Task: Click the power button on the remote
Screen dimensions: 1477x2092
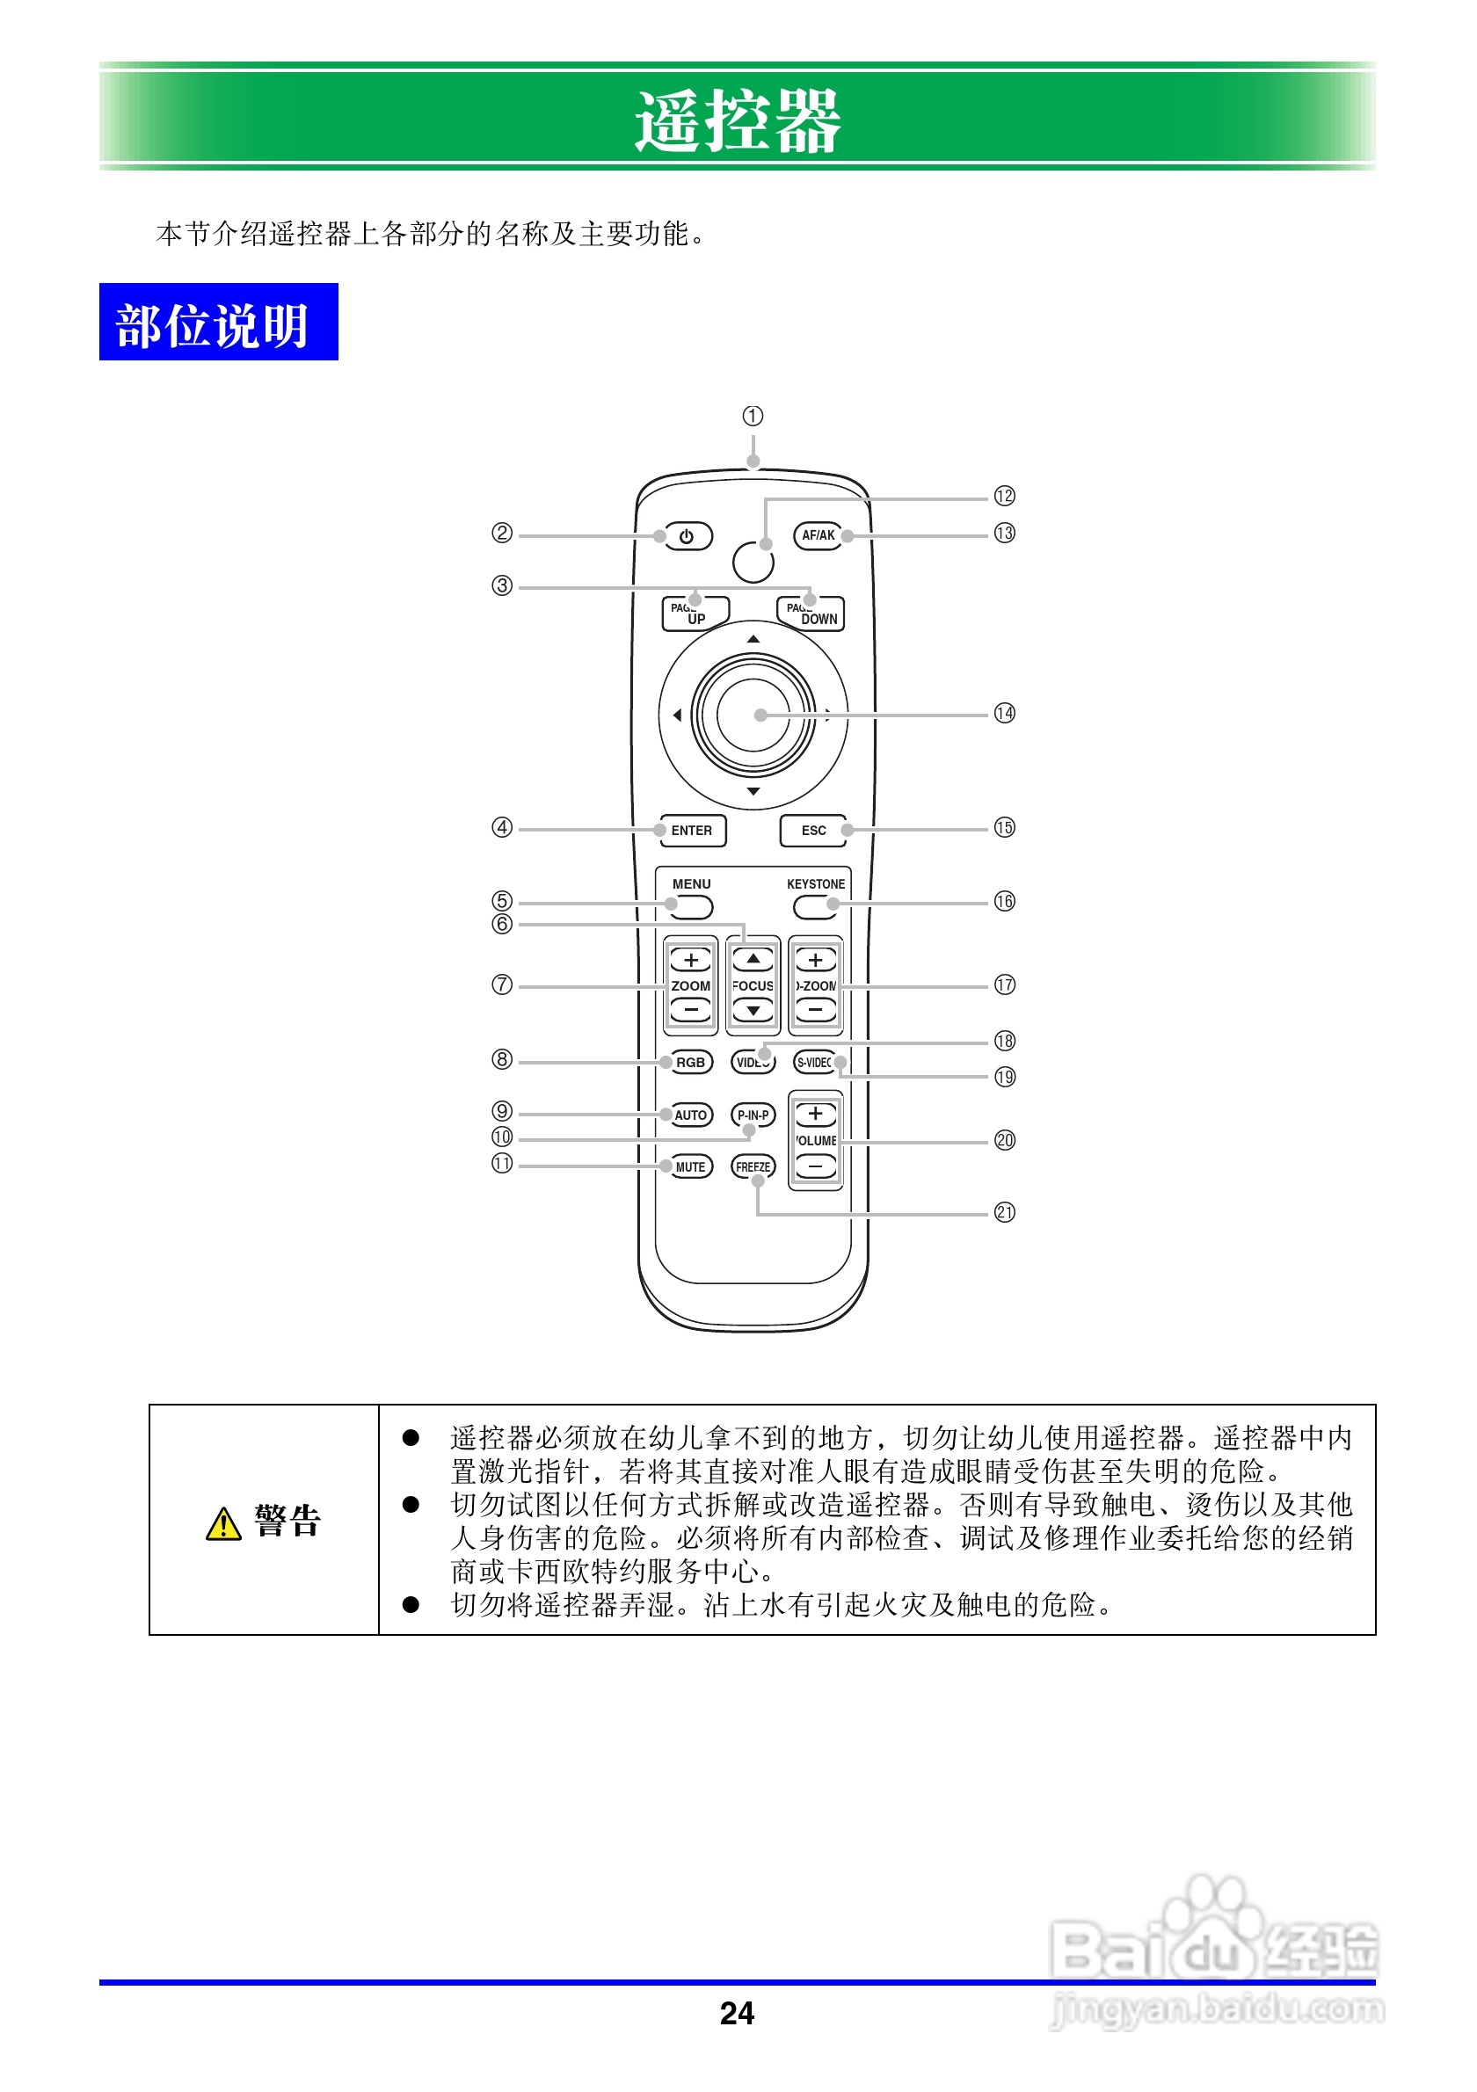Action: pyautogui.click(x=687, y=537)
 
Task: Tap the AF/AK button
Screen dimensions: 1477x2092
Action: pyautogui.click(x=818, y=536)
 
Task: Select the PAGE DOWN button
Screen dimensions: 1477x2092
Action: pyautogui.click(x=811, y=614)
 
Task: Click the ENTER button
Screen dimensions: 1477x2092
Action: pyautogui.click(x=693, y=830)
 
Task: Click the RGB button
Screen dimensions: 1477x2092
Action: pyautogui.click(x=691, y=1063)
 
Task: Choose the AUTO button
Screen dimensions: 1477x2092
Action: pyautogui.click(x=691, y=1115)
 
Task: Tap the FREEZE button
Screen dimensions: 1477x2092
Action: pyautogui.click(x=753, y=1167)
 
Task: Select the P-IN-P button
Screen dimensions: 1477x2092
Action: pyautogui.click(x=753, y=1115)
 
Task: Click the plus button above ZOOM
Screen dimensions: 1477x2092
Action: pyautogui.click(x=691, y=961)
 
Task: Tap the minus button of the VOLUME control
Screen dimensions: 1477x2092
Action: pyautogui.click(x=816, y=1166)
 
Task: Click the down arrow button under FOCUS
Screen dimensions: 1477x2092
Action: pyautogui.click(x=753, y=1011)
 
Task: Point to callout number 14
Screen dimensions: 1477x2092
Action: pyautogui.click(x=1004, y=714)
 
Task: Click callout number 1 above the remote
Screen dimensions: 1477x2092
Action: pyautogui.click(x=753, y=417)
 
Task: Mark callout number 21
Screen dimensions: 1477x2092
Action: pyautogui.click(x=1004, y=1213)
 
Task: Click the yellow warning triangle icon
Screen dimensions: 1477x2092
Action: pyautogui.click(x=223, y=1524)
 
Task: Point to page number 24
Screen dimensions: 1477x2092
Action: pyautogui.click(x=737, y=2014)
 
